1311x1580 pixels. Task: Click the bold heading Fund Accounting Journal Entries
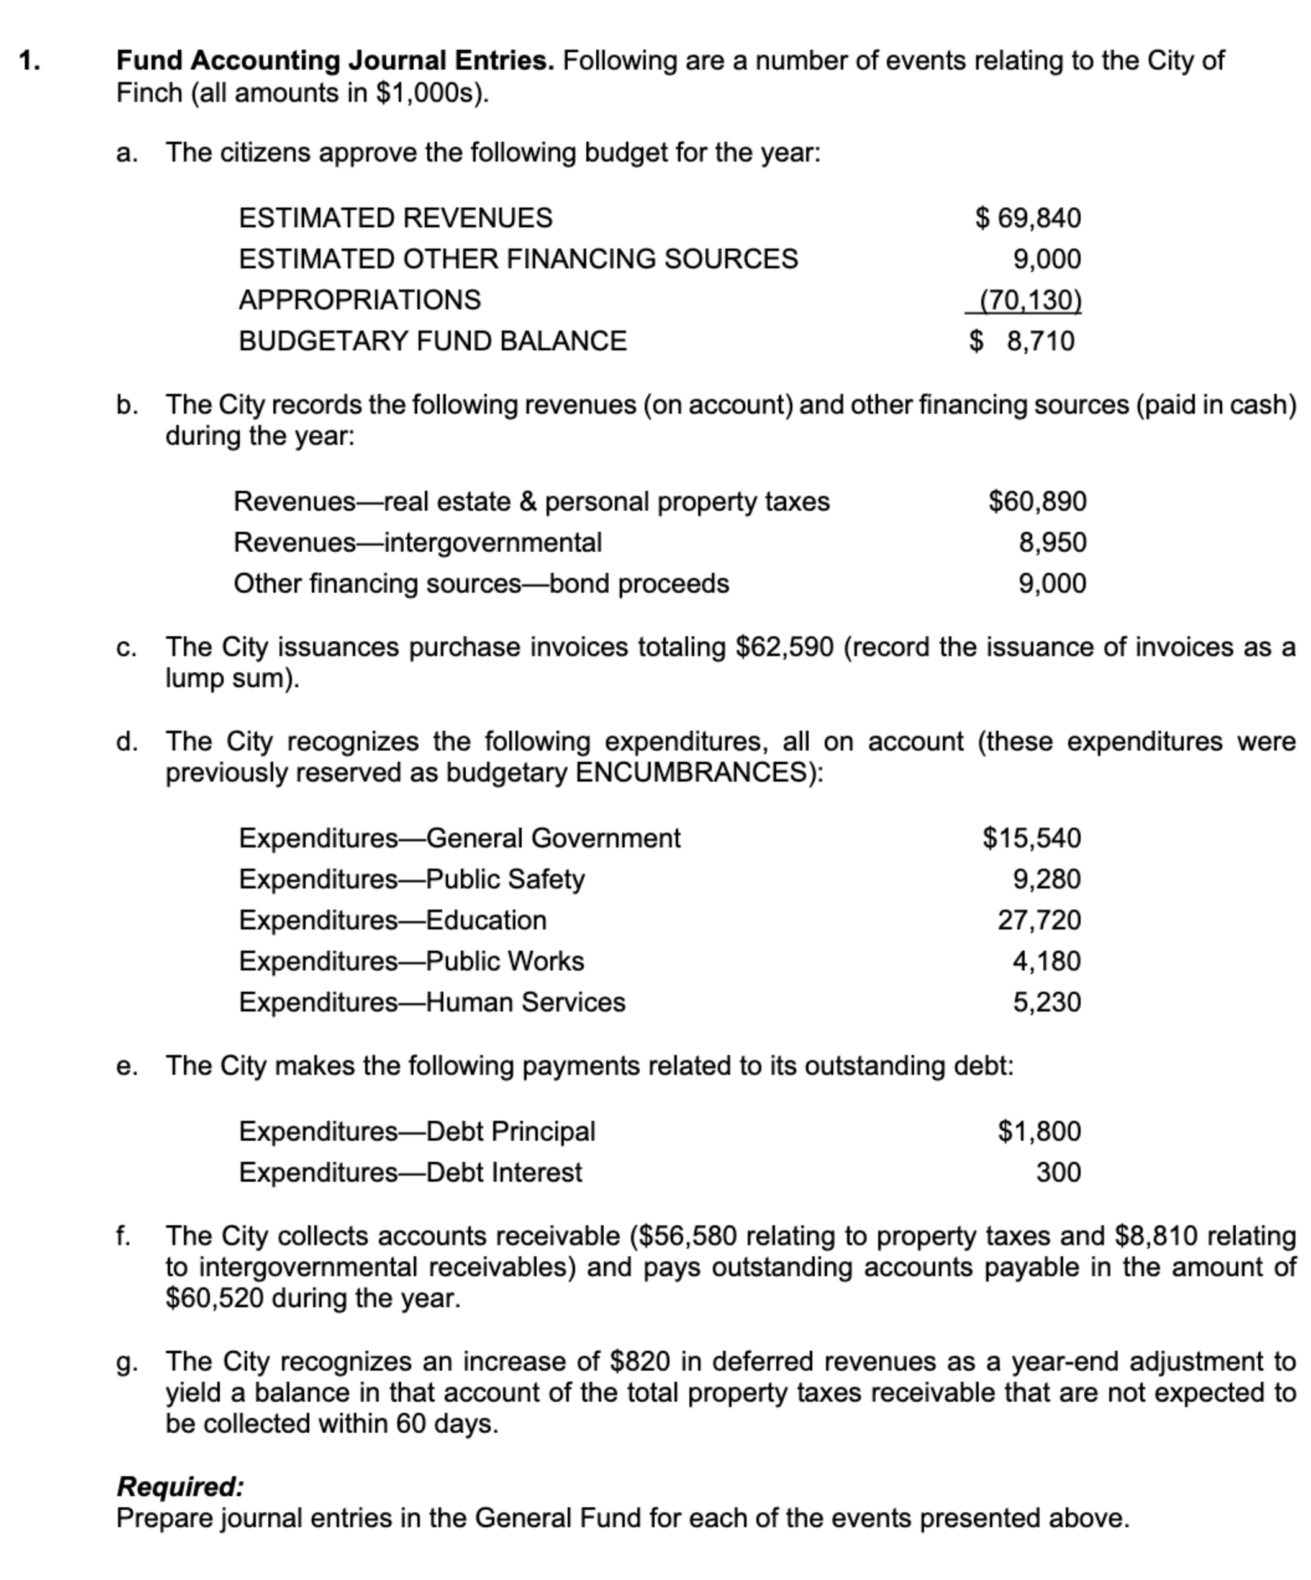click(x=335, y=60)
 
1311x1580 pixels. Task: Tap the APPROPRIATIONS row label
click(x=360, y=300)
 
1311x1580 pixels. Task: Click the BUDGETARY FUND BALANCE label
click(x=432, y=341)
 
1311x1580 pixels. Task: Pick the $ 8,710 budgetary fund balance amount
click(x=1022, y=341)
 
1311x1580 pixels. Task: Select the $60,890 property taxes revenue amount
click(x=1037, y=501)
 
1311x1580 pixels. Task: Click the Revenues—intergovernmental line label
click(x=417, y=542)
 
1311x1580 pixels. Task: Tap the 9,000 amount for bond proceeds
click(x=1052, y=584)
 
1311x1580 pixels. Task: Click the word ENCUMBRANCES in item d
click(x=698, y=773)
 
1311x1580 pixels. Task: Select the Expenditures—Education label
click(x=392, y=920)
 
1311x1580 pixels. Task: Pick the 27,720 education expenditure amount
click(x=1039, y=920)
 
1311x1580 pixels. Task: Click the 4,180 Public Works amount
click(x=1046, y=962)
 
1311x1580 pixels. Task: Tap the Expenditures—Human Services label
click(x=432, y=1002)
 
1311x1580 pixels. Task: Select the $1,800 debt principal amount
click(x=1039, y=1131)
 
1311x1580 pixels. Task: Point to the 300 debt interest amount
click(x=1058, y=1172)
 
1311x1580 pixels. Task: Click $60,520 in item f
click(x=214, y=1299)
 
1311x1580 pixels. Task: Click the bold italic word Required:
click(x=181, y=1487)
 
